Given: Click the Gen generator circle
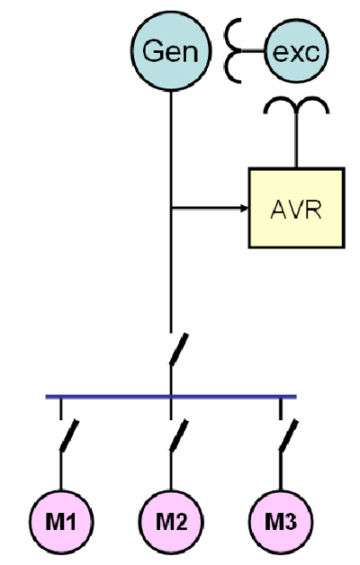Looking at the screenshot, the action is (x=171, y=50).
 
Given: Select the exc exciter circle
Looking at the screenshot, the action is (x=296, y=51).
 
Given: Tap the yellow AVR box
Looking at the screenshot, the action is (x=297, y=208).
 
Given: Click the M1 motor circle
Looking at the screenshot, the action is (x=61, y=521).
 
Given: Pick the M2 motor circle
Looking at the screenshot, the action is (x=171, y=521).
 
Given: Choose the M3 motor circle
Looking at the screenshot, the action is (x=281, y=521).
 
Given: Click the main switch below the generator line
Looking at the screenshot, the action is (x=179, y=349).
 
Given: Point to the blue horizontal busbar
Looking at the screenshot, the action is (x=171, y=397).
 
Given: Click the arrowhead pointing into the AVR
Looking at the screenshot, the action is (x=244, y=208).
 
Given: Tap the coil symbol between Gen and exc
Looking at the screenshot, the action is (x=233, y=51).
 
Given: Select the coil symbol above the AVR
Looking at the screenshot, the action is (x=297, y=105).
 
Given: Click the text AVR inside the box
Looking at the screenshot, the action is (x=296, y=210).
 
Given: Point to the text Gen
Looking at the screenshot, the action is (x=170, y=51).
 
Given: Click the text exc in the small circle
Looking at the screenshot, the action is (x=296, y=52).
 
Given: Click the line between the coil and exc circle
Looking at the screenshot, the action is (x=253, y=51).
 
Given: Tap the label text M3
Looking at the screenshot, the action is (x=281, y=521).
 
